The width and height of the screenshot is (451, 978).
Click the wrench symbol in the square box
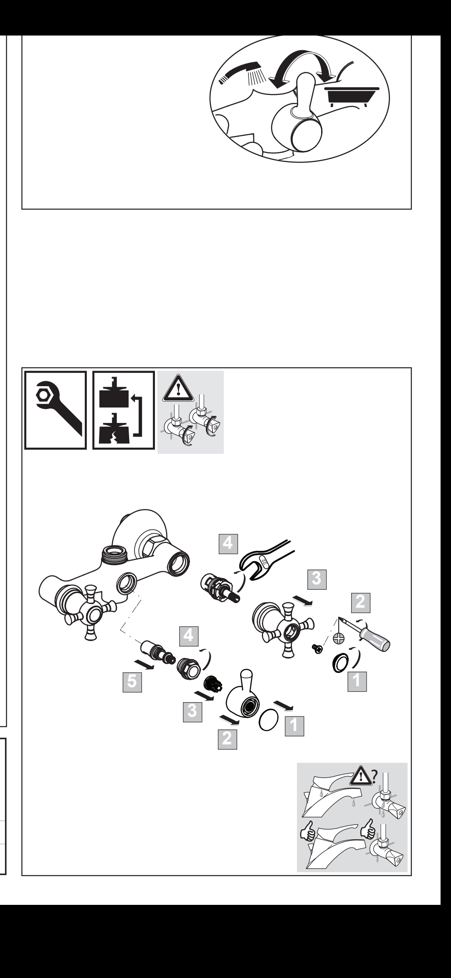coord(56,410)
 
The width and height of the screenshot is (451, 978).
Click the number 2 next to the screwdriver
coord(360,602)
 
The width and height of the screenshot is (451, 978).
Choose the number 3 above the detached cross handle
coord(317,579)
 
